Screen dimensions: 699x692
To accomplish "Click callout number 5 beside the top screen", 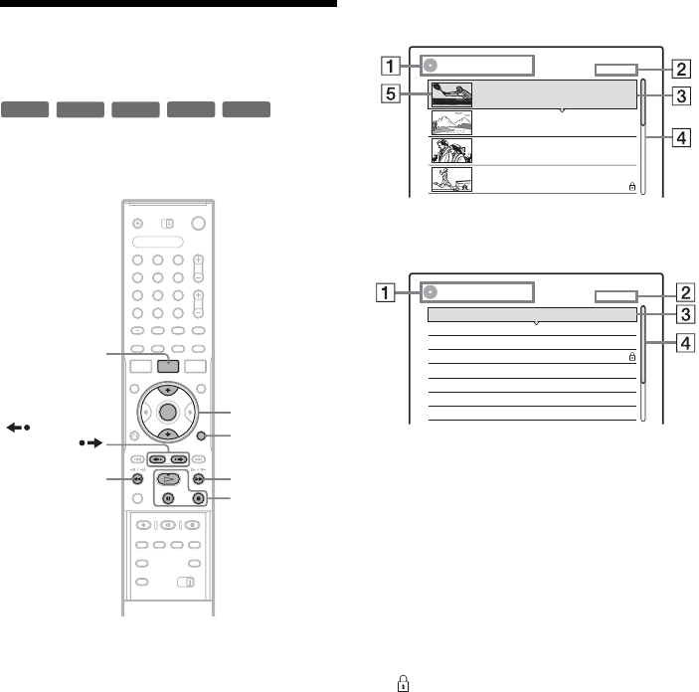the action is [390, 93].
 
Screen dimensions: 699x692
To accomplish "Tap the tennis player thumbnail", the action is [451, 94].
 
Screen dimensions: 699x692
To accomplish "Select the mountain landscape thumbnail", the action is [451, 122].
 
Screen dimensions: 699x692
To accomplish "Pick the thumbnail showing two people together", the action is [451, 151].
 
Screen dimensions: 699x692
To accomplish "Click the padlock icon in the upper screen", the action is [631, 186].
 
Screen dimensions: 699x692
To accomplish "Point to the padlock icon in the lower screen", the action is [631, 356].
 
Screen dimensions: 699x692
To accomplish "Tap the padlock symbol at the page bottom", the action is [403, 683].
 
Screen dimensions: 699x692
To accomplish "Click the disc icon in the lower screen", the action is [430, 292].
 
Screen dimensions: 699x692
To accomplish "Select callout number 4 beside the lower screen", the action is [685, 343].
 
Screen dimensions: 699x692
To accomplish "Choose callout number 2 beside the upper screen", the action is [681, 70].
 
